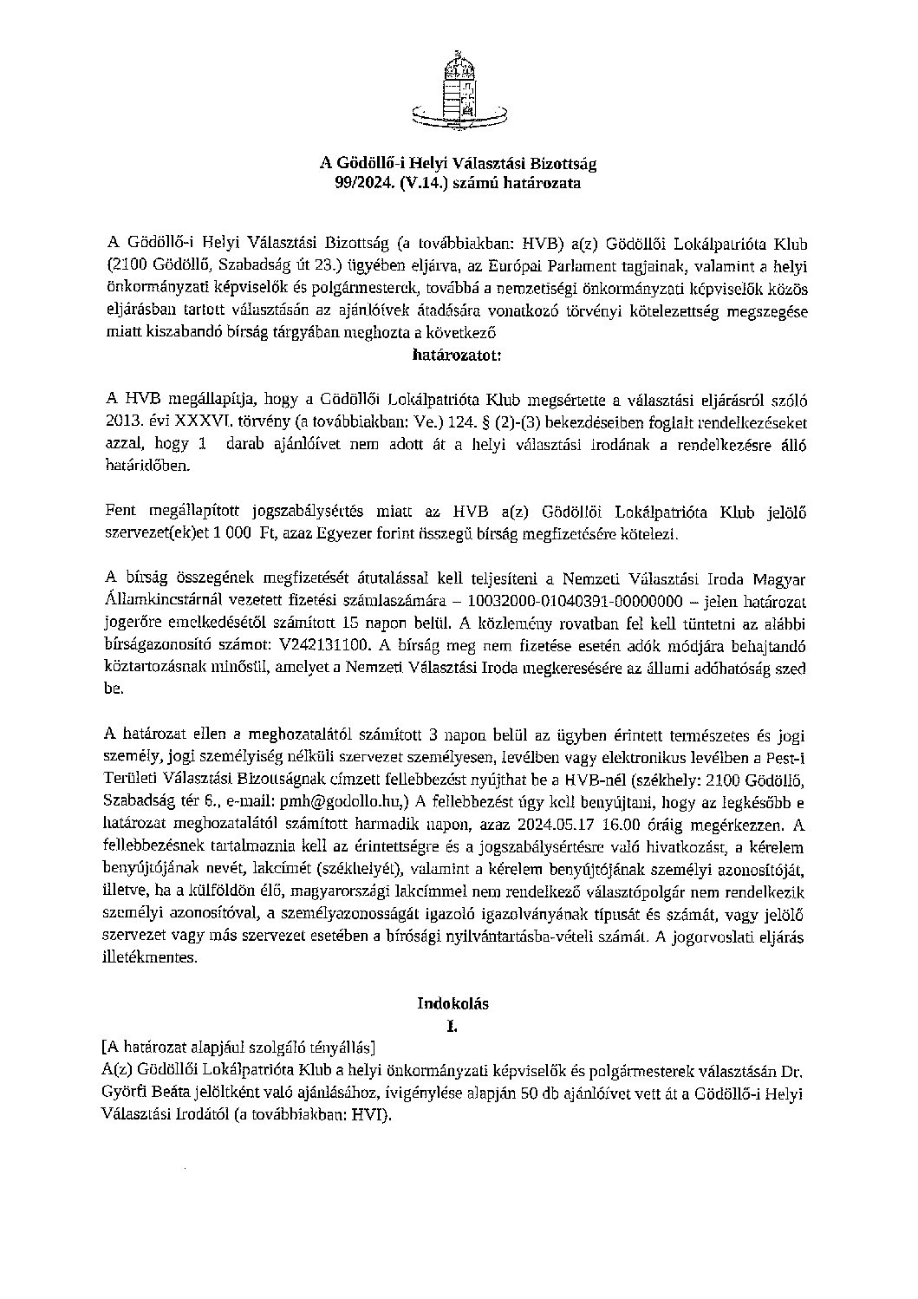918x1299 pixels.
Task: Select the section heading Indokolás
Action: click(452, 1003)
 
